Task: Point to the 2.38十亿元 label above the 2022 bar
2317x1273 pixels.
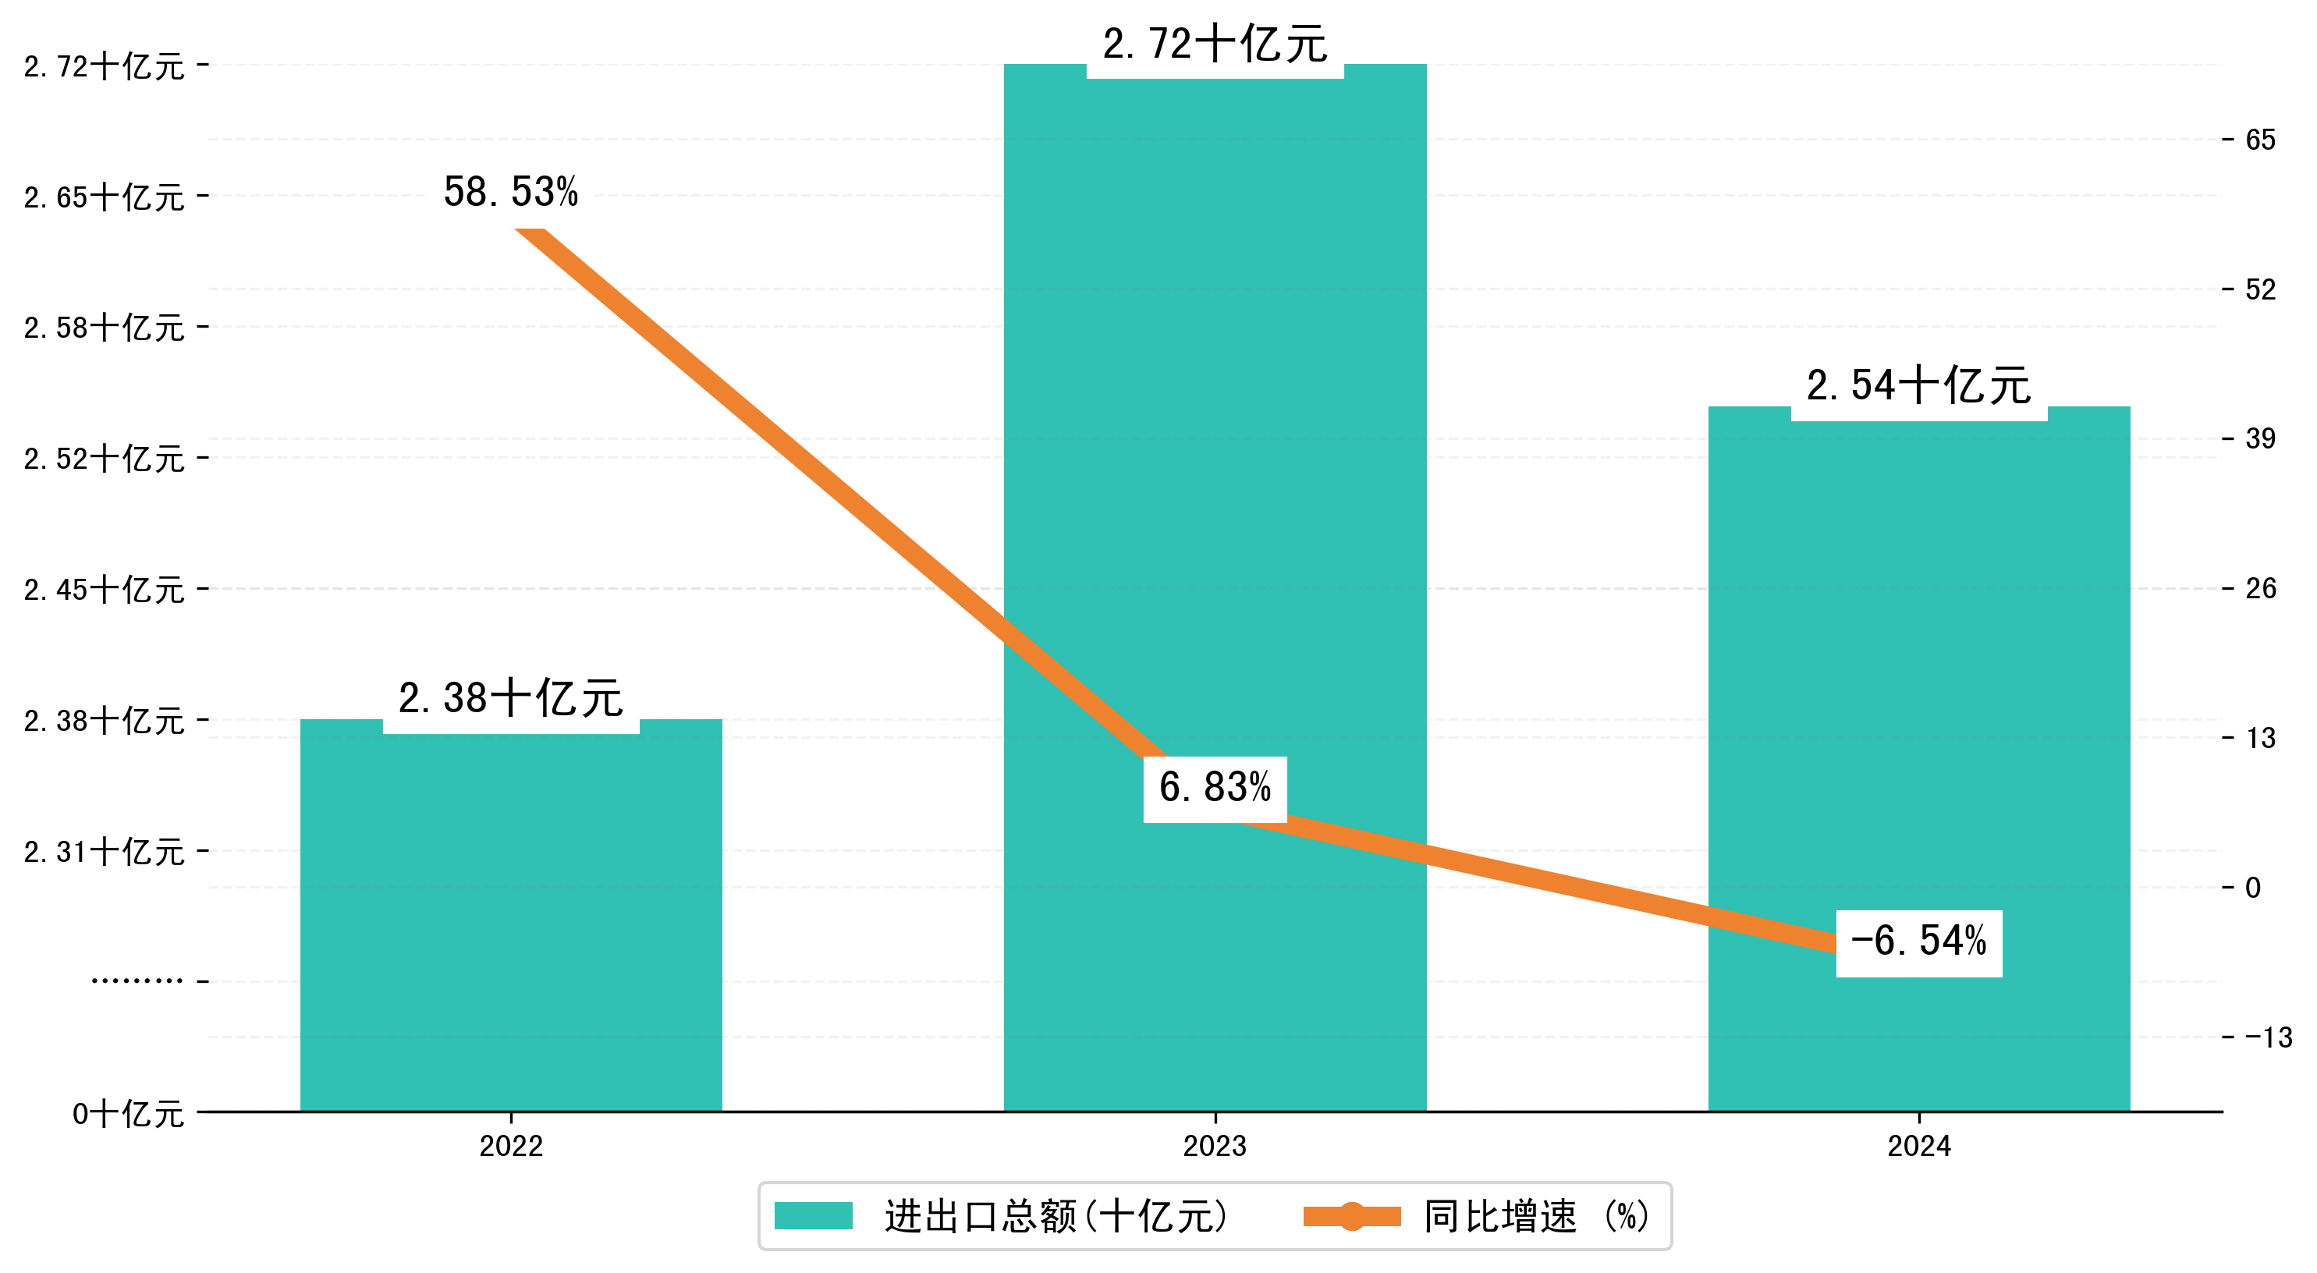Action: (511, 698)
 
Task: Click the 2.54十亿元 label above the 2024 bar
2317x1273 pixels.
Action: (1918, 386)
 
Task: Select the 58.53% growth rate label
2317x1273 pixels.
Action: (511, 192)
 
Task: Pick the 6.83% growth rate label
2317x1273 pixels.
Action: (1214, 788)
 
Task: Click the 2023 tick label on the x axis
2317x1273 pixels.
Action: (1214, 1146)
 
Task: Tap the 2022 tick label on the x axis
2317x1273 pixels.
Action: (511, 1146)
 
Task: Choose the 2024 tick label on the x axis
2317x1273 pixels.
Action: (1918, 1146)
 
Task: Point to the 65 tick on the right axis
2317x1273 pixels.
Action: (2260, 140)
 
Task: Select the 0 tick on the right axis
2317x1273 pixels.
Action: (2253, 888)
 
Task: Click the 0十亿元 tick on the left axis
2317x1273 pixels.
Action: (129, 1114)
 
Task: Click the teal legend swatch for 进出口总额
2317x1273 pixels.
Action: (813, 1216)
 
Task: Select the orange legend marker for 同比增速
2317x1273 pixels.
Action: (1352, 1216)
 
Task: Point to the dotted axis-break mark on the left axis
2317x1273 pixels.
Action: (137, 980)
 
